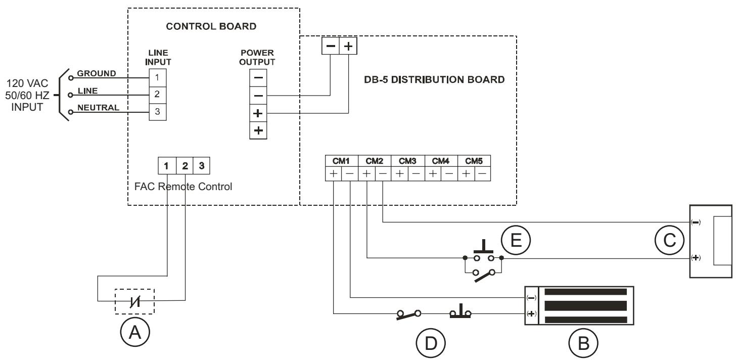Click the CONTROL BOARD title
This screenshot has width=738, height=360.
point(211,26)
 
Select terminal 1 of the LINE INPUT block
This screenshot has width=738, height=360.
point(158,78)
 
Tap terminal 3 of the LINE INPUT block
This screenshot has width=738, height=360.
point(158,112)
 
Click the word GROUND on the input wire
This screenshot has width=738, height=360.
point(97,73)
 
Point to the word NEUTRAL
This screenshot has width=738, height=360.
point(98,108)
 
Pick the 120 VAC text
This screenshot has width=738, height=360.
point(27,83)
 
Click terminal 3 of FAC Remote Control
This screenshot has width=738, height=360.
point(202,165)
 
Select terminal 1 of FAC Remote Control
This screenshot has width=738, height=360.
point(167,165)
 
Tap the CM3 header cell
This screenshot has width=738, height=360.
point(407,161)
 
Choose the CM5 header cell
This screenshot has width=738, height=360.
point(474,161)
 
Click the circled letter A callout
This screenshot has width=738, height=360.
point(135,332)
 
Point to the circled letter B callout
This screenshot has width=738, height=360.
point(583,343)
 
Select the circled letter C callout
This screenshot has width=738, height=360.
point(669,240)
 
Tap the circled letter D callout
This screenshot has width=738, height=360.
point(431,343)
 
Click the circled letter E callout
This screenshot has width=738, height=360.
point(516,240)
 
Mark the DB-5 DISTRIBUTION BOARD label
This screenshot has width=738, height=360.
point(434,80)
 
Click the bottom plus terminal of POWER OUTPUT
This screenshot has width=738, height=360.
point(258,130)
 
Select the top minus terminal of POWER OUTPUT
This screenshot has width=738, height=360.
point(258,78)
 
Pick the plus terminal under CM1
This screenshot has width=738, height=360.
point(334,174)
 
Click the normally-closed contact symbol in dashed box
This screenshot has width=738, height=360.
point(135,301)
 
